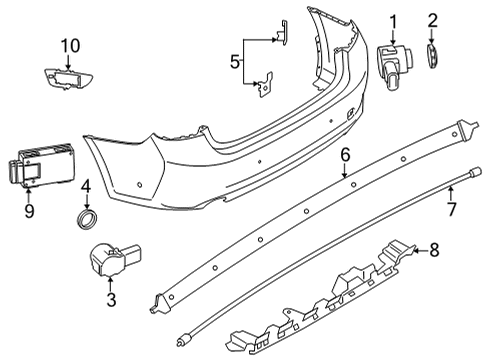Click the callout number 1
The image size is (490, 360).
tap(393, 21)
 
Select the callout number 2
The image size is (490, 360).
tap(433, 21)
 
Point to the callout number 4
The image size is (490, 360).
tap(87, 185)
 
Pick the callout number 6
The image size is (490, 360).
tap(344, 155)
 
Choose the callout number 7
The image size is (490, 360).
tap(451, 209)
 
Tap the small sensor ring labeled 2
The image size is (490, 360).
tap(432, 57)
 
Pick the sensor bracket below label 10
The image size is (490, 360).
tap(67, 78)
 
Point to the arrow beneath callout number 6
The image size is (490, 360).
tap(344, 173)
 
